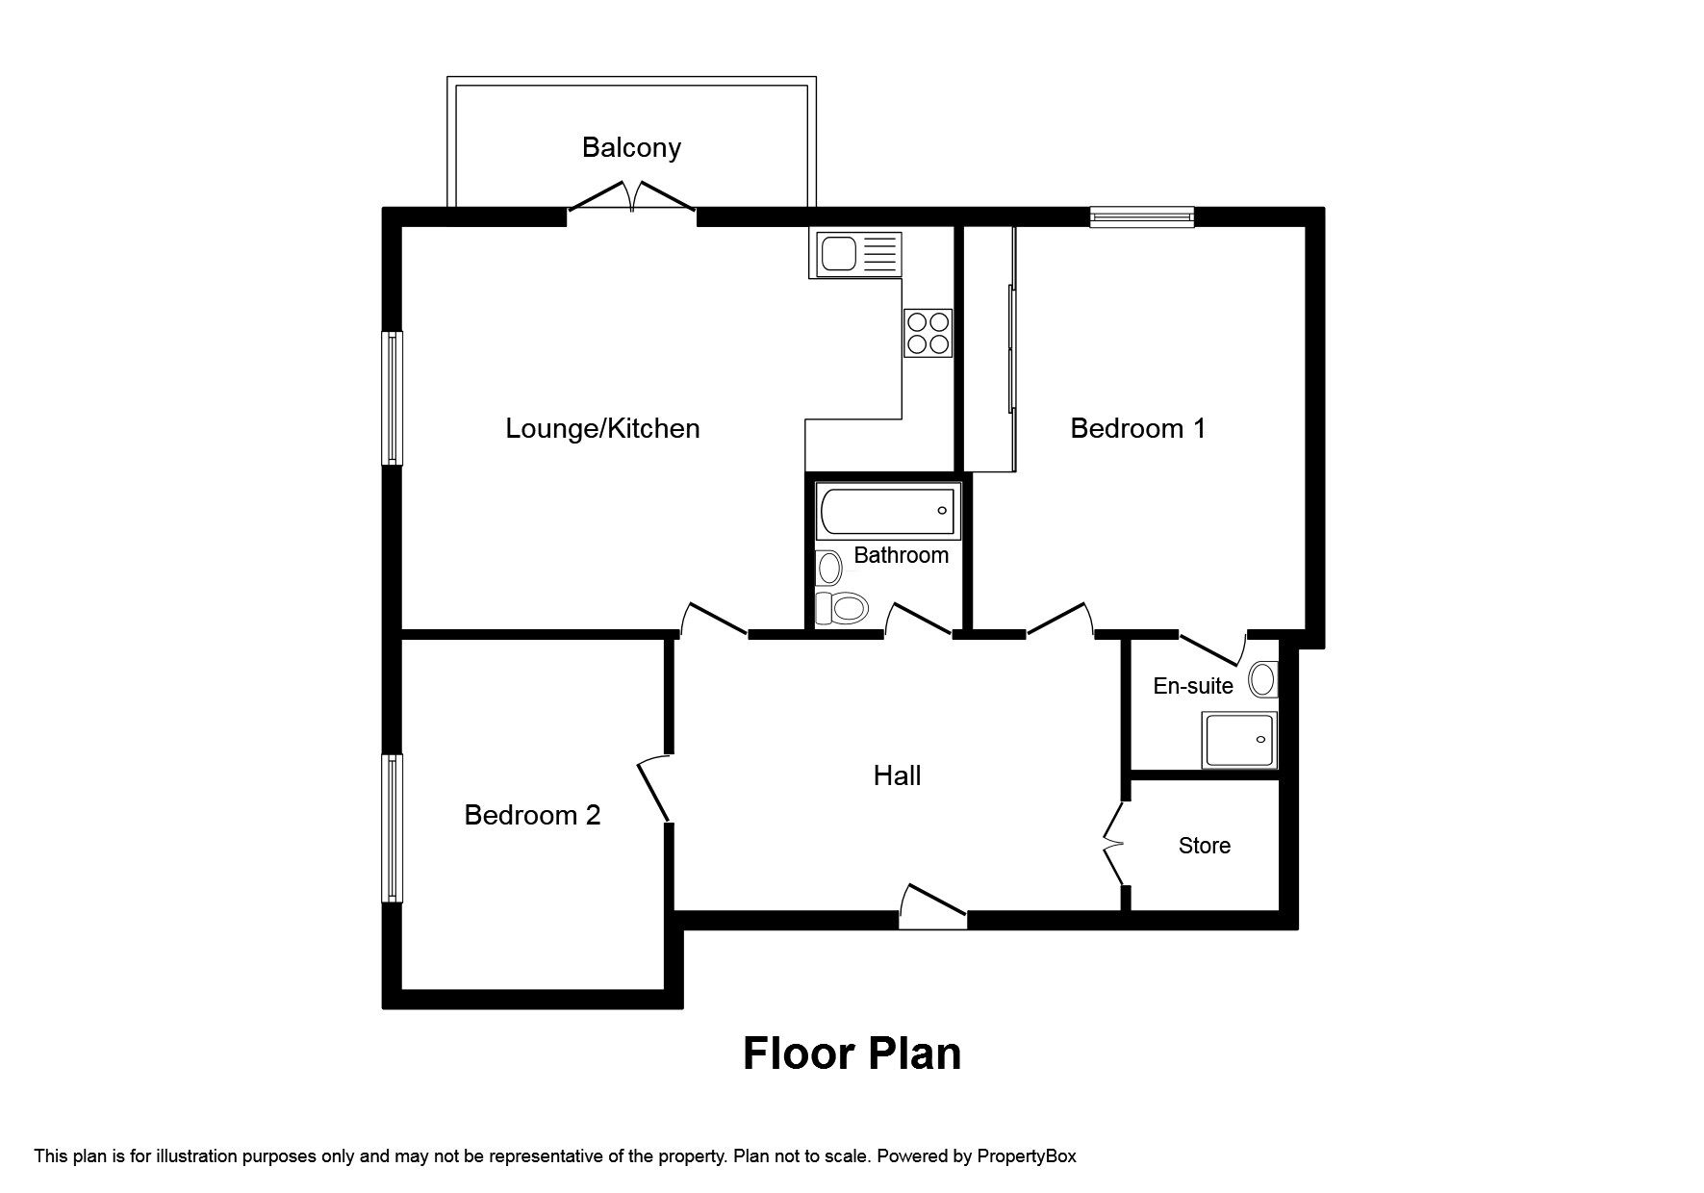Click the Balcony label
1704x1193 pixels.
pos(631,148)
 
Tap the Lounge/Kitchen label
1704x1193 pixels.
pos(602,428)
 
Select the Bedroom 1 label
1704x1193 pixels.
pos(1137,428)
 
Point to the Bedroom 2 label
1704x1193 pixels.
pos(532,815)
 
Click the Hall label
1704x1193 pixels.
pos(897,775)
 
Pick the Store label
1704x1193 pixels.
pos(1204,846)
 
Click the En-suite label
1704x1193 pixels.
pos(1193,686)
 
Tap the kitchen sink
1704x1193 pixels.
pos(855,255)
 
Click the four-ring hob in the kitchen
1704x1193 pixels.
pos(928,332)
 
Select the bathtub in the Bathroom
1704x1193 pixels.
pos(887,511)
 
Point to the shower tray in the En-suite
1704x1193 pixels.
pos(1239,740)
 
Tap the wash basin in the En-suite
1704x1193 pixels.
pos(1262,680)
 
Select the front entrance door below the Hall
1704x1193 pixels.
pos(932,906)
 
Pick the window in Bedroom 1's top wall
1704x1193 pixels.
pos(1142,217)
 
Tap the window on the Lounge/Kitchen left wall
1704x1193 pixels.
pos(392,398)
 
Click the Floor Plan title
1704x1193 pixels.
pos(852,1053)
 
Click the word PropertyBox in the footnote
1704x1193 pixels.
pos(1027,1156)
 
